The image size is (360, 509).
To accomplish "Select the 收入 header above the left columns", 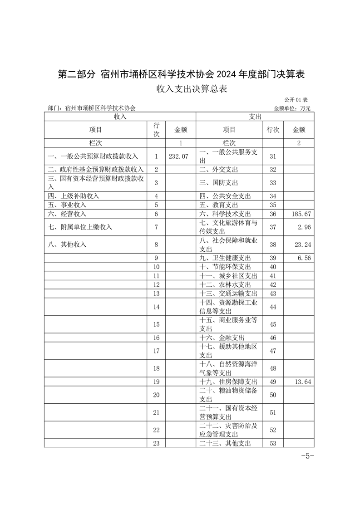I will tap(120, 117).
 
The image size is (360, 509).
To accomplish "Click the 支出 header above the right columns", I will tap(255, 117).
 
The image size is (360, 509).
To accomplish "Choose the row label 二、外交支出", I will tap(219, 170).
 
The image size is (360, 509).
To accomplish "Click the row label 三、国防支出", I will tap(219, 182).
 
